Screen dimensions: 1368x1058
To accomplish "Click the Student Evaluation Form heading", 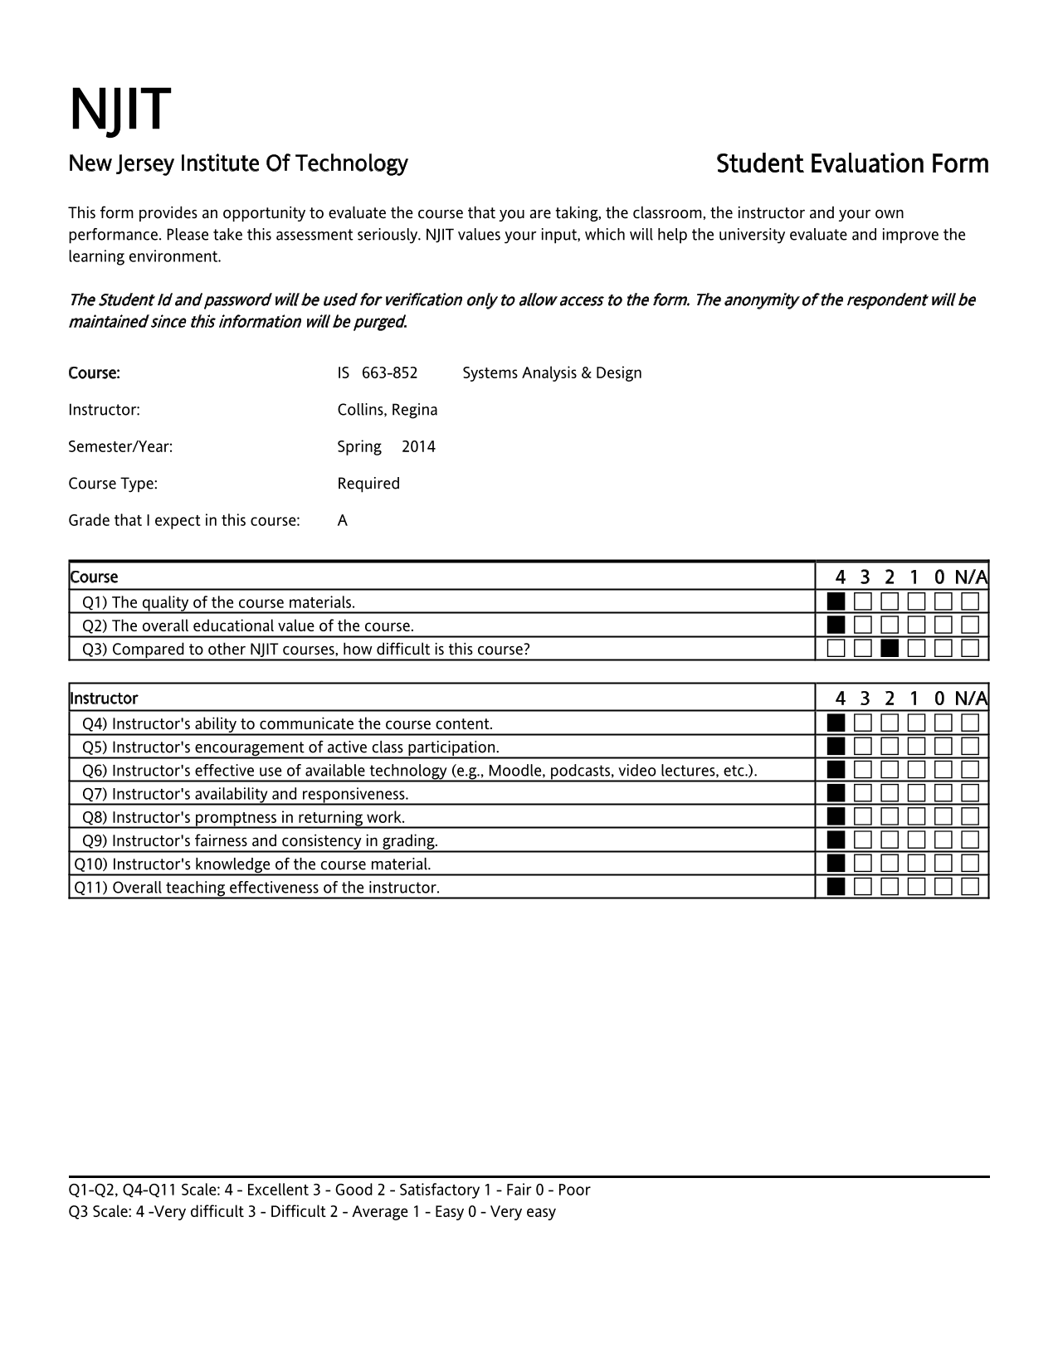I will tap(852, 164).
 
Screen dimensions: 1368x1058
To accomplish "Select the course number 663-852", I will tap(389, 373).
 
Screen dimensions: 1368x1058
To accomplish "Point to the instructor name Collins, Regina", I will tap(387, 410).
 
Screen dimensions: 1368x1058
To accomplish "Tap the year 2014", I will tap(418, 447).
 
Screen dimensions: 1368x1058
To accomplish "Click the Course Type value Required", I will tap(368, 484).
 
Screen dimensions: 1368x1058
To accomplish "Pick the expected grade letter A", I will tap(343, 521).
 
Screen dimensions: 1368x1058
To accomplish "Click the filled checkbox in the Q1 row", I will tap(836, 601).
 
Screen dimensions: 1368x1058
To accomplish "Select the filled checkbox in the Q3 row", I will tap(890, 648).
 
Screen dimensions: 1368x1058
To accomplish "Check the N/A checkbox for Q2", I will tap(970, 625).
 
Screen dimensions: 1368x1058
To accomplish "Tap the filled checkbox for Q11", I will tap(836, 887).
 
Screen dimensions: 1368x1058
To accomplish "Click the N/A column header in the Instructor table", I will tap(970, 698).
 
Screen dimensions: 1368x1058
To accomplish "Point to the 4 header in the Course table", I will tap(841, 577).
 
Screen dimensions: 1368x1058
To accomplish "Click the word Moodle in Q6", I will tap(514, 771).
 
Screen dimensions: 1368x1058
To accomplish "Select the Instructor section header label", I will tap(105, 699).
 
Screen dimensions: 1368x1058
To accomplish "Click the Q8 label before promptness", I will tap(95, 817).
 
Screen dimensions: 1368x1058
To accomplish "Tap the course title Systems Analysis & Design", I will tap(552, 373).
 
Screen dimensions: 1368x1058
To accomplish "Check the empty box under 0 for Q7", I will tap(943, 794).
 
